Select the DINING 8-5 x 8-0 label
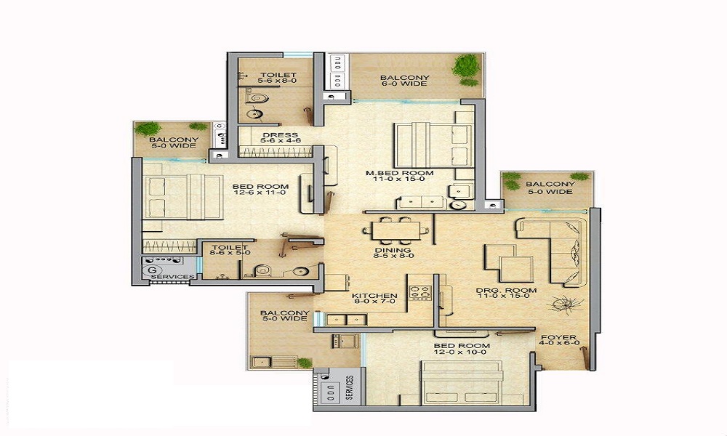[x=393, y=253]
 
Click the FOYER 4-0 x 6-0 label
[x=559, y=340]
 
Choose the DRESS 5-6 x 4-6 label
[x=281, y=137]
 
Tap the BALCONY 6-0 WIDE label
[x=404, y=81]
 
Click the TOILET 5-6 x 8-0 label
[x=278, y=77]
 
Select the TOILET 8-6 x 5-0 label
[x=230, y=250]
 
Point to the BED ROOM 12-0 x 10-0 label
[x=462, y=348]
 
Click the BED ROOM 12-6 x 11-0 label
[x=260, y=190]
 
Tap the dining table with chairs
[x=392, y=230]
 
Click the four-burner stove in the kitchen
[x=420, y=293]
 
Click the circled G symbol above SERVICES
[x=151, y=270]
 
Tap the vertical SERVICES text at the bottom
[x=350, y=387]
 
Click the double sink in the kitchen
[x=346, y=319]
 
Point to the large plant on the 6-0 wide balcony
[x=466, y=65]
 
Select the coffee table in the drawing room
[x=509, y=263]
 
